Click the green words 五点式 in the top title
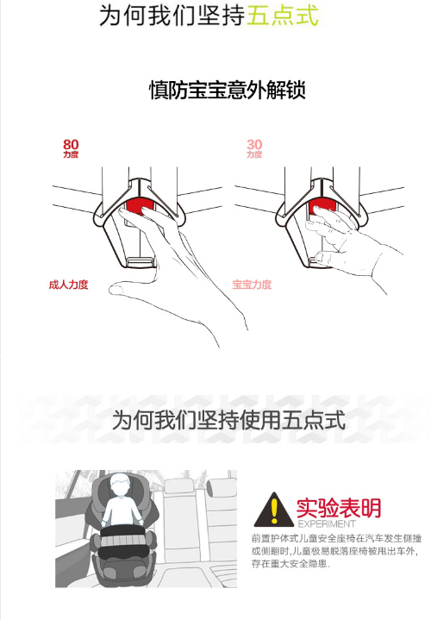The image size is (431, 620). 283,15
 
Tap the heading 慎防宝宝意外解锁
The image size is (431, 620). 228,90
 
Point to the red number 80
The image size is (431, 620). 71,144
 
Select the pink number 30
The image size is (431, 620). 254,144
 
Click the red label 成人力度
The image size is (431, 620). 68,285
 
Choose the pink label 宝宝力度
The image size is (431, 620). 252,285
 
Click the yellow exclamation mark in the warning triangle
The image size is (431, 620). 274,510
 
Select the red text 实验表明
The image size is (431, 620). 339,508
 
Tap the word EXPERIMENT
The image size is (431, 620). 327,524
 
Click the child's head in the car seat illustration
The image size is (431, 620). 120,485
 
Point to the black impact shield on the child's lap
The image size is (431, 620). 122,542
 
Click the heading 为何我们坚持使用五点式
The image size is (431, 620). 229,420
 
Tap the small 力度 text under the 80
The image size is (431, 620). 71,154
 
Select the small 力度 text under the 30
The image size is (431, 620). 254,154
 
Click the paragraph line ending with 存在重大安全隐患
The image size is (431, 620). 290,563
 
